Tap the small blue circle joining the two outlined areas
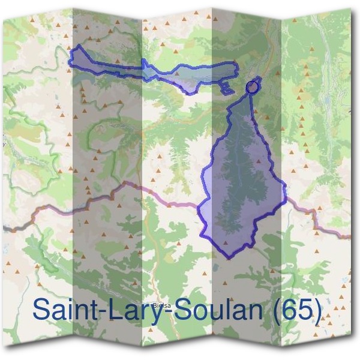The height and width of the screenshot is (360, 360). pos(252,88)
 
